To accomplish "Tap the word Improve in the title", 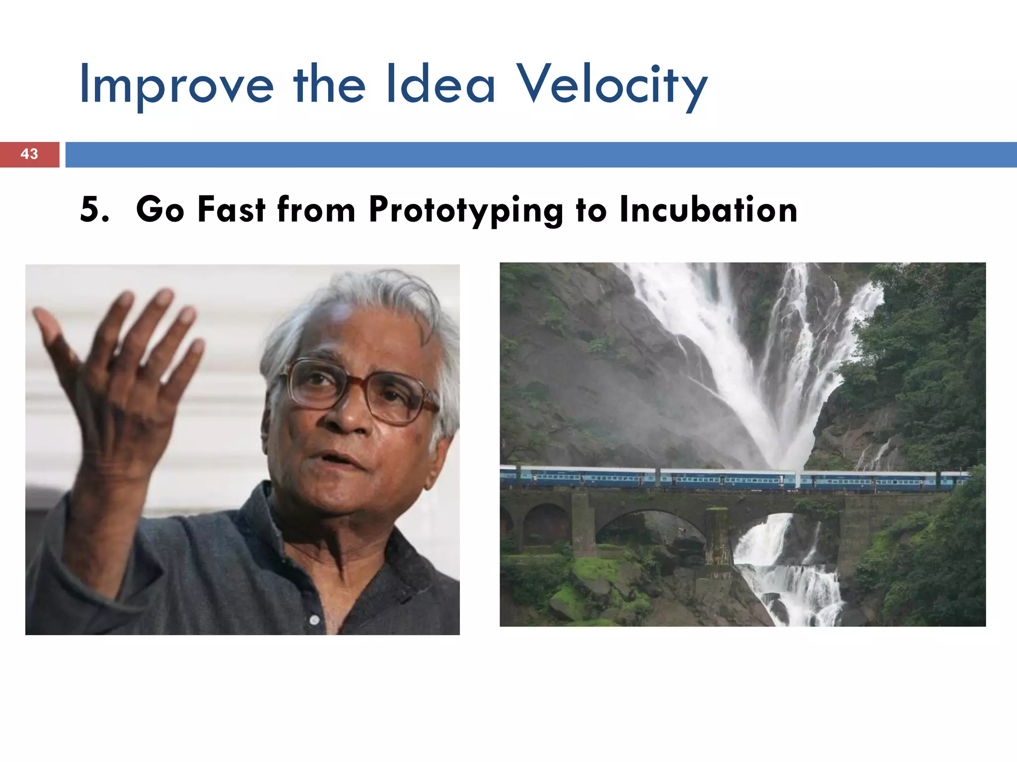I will pyautogui.click(x=176, y=85).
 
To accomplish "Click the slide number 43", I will pyautogui.click(x=29, y=154).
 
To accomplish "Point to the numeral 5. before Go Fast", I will pyautogui.click(x=94, y=209).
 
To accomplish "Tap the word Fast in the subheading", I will pyautogui.click(x=231, y=209).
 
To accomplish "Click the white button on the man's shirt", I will pyautogui.click(x=314, y=620).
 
